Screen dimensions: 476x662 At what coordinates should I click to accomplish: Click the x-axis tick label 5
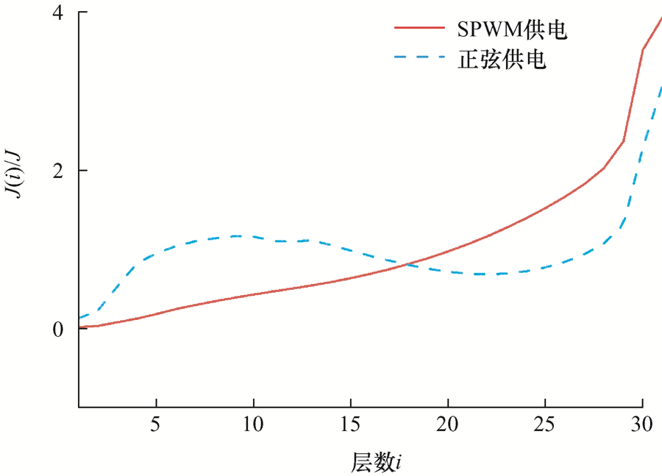point(156,425)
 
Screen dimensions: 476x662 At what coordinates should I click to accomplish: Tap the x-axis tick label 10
point(253,425)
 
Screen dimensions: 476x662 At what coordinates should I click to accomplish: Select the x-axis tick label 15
point(351,425)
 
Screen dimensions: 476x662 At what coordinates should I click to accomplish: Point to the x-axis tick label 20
point(448,425)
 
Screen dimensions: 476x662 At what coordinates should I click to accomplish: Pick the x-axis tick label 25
point(545,425)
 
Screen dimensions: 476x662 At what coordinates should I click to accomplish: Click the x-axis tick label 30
point(642,425)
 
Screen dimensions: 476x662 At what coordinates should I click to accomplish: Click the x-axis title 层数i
point(376,462)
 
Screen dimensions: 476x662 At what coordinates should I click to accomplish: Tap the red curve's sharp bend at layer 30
point(643,50)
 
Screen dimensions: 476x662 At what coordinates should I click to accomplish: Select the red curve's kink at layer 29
point(623,141)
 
